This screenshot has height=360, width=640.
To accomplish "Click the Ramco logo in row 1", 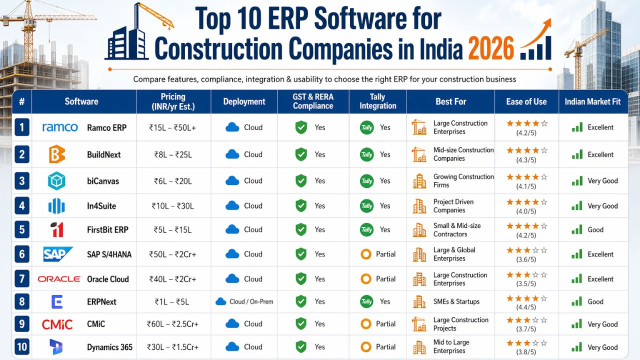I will click(x=60, y=127).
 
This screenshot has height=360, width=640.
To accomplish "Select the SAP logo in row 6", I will click(x=58, y=254).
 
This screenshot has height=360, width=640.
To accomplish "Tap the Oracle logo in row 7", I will click(x=59, y=279).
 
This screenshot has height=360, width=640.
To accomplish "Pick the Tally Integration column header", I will click(x=377, y=101).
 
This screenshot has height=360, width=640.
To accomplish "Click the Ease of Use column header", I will click(x=526, y=101).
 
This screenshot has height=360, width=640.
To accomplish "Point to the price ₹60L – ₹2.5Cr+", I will click(x=173, y=324).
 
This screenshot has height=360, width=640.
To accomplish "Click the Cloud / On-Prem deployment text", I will click(x=251, y=301).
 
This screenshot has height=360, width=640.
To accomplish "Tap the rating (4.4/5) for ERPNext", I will click(x=526, y=306).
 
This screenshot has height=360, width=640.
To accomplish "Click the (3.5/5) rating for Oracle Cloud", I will click(x=526, y=283).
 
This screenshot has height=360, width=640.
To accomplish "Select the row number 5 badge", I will click(x=21, y=230).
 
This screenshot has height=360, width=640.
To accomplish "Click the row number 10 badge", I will click(x=21, y=347).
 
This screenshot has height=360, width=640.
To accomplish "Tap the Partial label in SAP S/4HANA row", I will click(x=385, y=254).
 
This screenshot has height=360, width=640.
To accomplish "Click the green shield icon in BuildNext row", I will click(x=301, y=154).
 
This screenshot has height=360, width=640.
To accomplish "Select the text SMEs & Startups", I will click(x=456, y=301).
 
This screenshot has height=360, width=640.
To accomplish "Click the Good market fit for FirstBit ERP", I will click(x=595, y=230).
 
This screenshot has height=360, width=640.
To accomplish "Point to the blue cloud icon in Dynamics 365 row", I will click(x=232, y=347).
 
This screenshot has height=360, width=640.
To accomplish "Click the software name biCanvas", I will click(x=103, y=181).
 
